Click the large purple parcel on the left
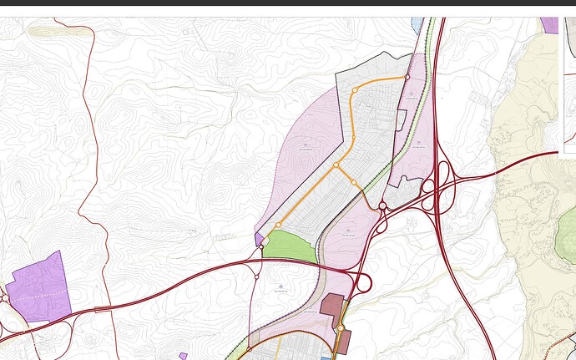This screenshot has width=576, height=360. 38,287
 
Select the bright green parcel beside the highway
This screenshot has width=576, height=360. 291,247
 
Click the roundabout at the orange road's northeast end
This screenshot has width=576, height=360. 407,78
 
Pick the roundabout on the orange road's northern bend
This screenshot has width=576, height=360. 355,89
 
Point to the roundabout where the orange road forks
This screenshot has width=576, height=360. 336,165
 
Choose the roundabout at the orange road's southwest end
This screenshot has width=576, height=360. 278,225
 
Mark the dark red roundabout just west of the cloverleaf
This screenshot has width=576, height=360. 382,205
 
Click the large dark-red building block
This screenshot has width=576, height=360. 332,305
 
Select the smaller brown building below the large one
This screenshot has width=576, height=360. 344,342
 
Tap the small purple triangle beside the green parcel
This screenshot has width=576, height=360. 259,239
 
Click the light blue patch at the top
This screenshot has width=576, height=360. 417,24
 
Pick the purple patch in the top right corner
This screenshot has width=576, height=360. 549,25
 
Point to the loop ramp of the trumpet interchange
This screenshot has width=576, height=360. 364,282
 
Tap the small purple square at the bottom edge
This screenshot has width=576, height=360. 183,356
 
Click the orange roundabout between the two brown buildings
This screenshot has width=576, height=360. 340,327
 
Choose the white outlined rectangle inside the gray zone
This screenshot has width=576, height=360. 400,119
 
